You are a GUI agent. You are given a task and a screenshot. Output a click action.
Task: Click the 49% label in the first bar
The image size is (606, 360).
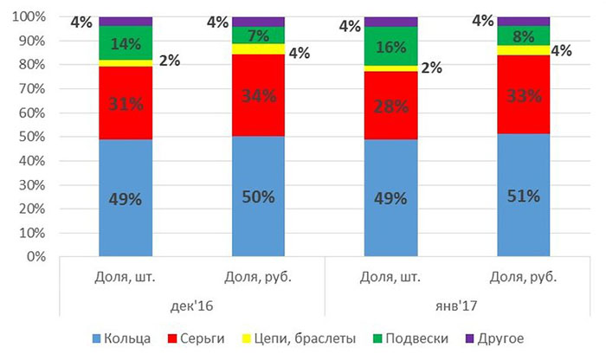point(126,199)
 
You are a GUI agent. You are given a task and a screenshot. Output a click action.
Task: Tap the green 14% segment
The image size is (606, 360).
point(126,42)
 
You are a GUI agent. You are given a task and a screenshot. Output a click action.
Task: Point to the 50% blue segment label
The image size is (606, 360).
point(258,196)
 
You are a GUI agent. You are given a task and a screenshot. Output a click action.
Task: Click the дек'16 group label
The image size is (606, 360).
point(191,306)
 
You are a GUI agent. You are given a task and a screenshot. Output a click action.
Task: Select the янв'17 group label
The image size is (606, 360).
point(456,306)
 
